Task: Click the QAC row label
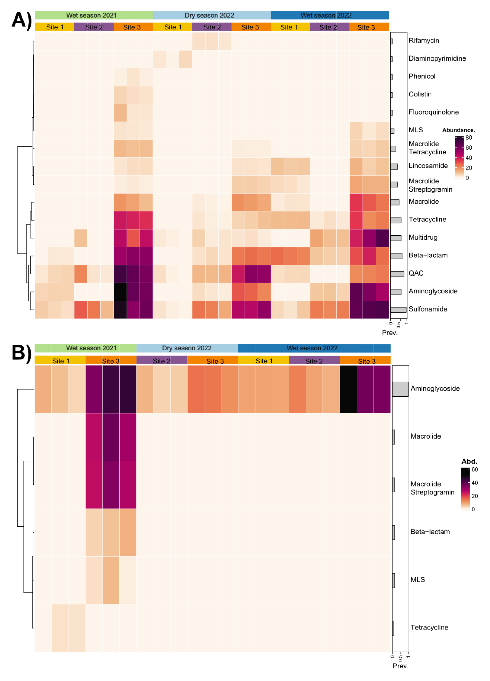pyautogui.click(x=416, y=273)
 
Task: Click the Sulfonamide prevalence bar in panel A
pyautogui.click(x=398, y=310)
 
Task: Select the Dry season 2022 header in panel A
pyautogui.click(x=209, y=15)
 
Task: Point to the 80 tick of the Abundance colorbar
pyautogui.click(x=468, y=138)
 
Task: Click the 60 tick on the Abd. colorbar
pyautogui.click(x=474, y=470)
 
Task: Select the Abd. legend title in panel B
pyautogui.click(x=469, y=461)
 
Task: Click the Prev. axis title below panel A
pyautogui.click(x=389, y=333)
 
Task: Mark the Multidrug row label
pyautogui.click(x=423, y=237)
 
